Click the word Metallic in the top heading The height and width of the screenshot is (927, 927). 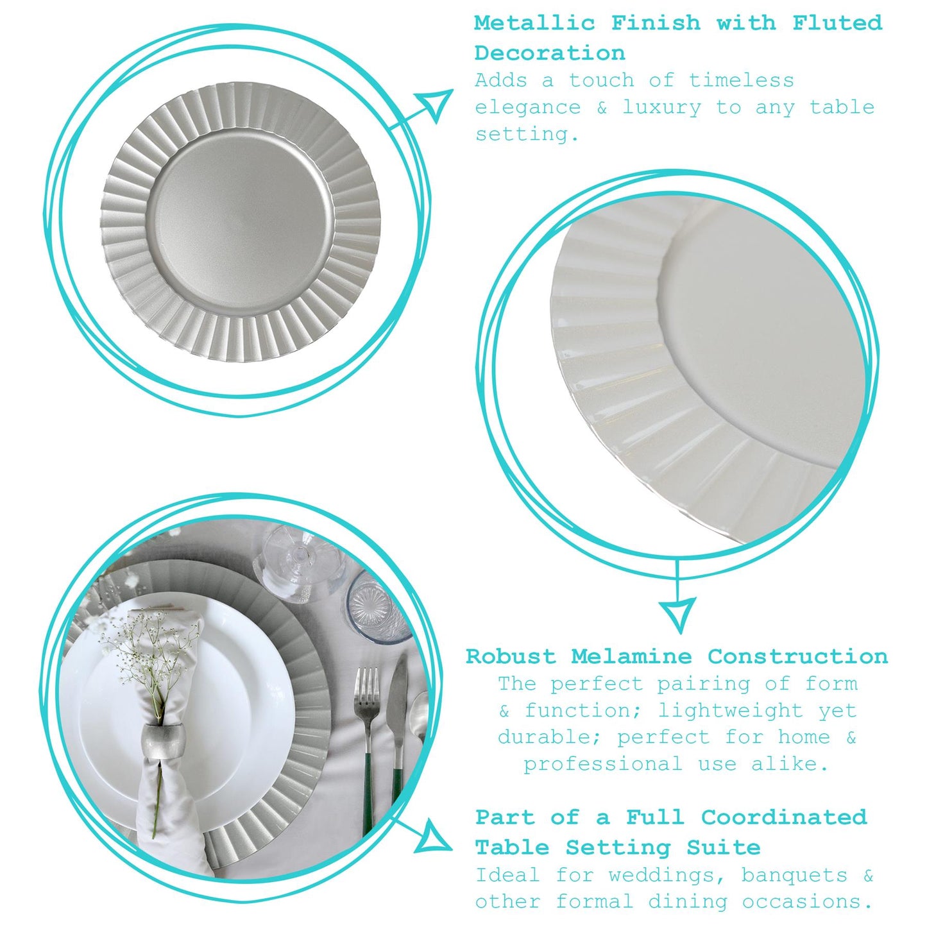(534, 23)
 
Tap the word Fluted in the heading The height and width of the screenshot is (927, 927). (837, 23)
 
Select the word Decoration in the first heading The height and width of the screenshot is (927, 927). (549, 53)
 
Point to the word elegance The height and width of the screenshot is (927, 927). (527, 108)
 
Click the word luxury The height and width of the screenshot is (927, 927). (662, 108)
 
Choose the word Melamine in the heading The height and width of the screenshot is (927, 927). (631, 656)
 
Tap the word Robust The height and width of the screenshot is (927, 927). (511, 656)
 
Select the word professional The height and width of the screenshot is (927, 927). (602, 764)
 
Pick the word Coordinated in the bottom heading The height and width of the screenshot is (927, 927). (783, 817)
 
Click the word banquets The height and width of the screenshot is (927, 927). (794, 875)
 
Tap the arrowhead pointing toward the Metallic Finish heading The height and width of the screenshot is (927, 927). (434, 103)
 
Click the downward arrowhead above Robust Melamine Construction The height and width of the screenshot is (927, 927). (677, 613)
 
